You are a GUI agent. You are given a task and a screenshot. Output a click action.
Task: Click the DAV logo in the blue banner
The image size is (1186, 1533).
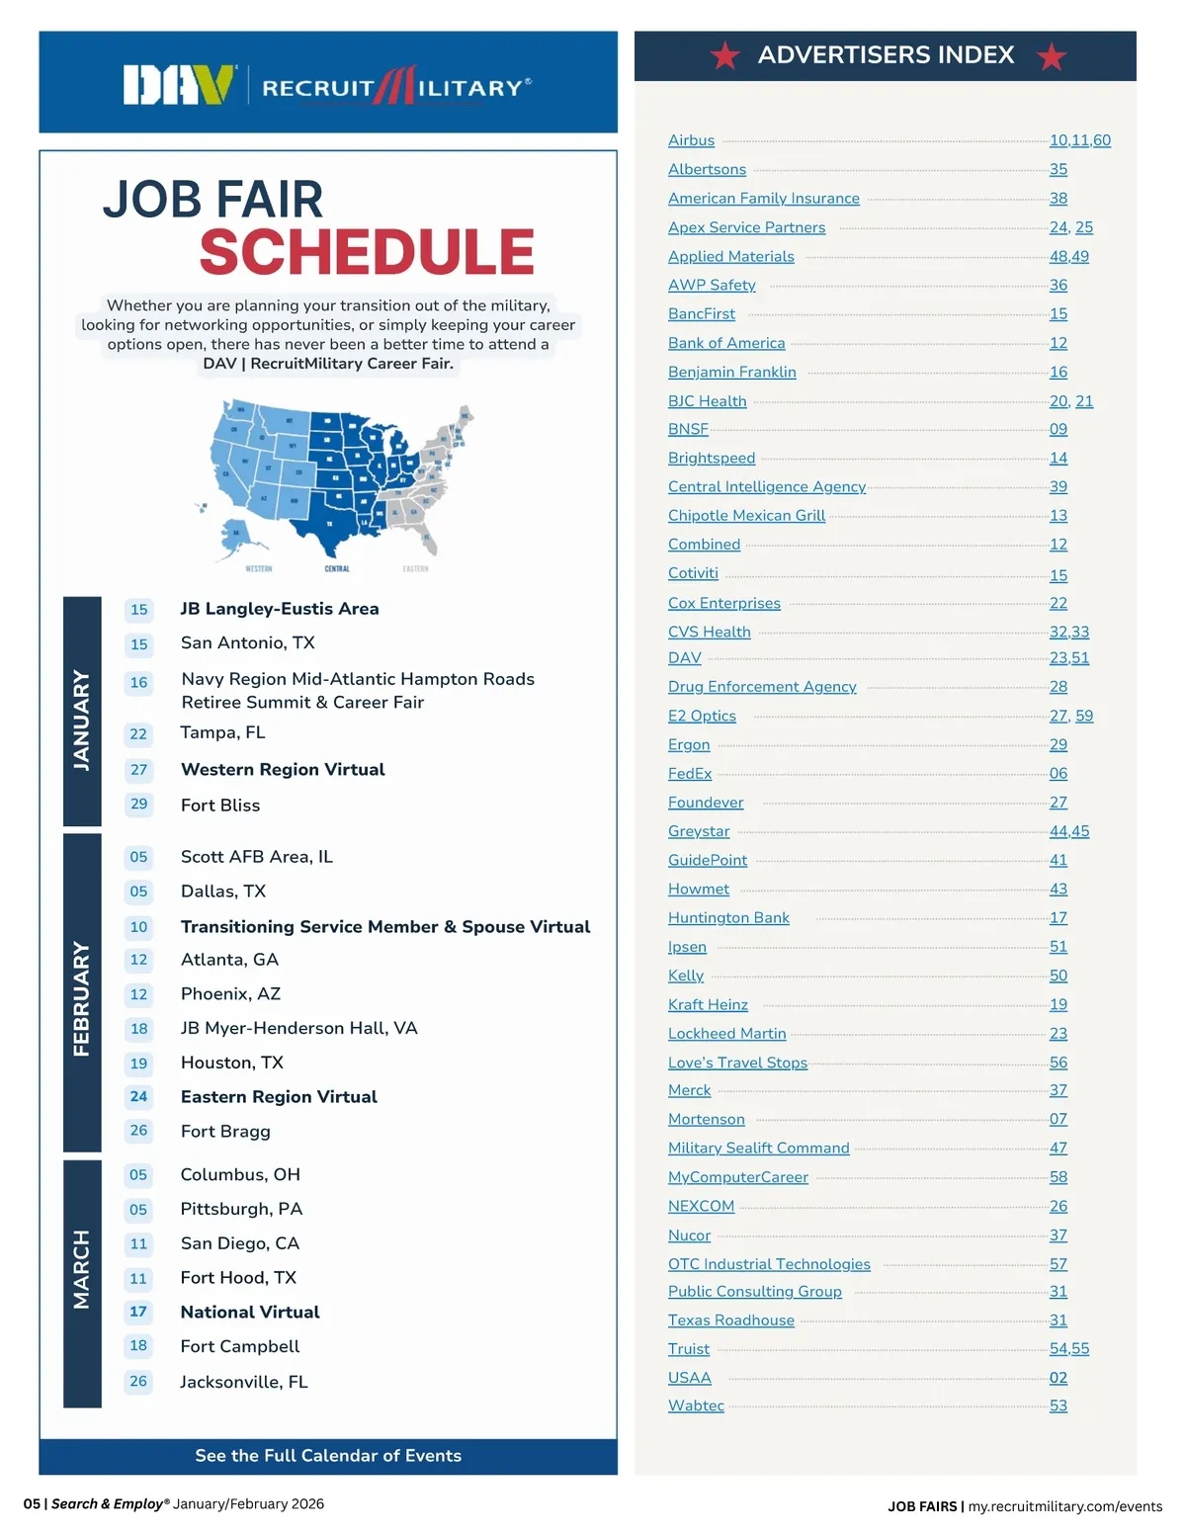(x=178, y=85)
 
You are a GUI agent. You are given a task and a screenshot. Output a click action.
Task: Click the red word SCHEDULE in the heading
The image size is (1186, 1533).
(x=367, y=252)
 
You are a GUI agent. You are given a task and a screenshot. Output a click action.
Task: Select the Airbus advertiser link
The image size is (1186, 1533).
(x=691, y=140)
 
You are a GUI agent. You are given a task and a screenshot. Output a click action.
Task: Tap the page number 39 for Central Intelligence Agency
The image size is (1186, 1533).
(x=1059, y=486)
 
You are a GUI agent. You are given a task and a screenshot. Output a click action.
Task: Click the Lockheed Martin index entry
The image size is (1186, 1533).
(x=726, y=1033)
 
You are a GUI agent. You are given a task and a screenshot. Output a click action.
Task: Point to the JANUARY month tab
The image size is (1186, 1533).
(x=82, y=712)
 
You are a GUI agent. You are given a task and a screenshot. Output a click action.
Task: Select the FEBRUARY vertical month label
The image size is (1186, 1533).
(x=82, y=993)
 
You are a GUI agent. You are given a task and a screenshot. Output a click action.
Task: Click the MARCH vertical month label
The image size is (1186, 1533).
(x=82, y=1269)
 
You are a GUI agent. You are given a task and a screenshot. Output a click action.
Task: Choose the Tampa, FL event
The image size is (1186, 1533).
(x=222, y=732)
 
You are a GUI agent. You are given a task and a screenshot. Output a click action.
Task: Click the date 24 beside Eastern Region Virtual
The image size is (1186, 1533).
(x=138, y=1096)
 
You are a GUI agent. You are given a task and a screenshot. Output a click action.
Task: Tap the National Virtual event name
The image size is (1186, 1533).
(x=250, y=1312)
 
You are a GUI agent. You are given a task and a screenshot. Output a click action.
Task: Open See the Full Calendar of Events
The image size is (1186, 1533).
(x=328, y=1456)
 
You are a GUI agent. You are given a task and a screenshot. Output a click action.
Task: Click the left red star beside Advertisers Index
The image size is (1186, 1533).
(x=725, y=56)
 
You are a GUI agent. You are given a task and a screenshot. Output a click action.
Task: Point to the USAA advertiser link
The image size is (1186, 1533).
(x=689, y=1377)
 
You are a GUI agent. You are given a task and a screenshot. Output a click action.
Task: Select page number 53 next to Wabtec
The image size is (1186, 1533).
(x=1059, y=1405)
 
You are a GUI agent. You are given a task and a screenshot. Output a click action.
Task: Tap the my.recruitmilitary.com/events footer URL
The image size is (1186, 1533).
(x=1064, y=1506)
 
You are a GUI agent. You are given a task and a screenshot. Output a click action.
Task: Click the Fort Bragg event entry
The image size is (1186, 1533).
(x=225, y=1131)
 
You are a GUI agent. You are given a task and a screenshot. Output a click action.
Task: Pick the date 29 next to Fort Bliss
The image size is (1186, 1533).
(x=138, y=804)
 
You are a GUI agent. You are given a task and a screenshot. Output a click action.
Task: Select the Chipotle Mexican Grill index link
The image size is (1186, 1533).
(x=746, y=515)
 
